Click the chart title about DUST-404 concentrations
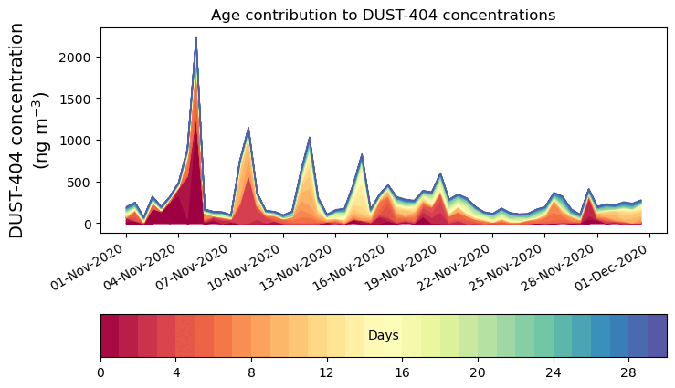pyautogui.click(x=383, y=15)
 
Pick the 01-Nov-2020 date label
pyautogui.click(x=90, y=267)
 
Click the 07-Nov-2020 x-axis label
pyautogui.click(x=195, y=267)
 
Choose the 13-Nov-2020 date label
pyautogui.click(x=300, y=267)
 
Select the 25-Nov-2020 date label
pyautogui.click(x=509, y=267)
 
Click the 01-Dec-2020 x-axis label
pyautogui.click(x=614, y=267)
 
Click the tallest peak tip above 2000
pyautogui.click(x=195, y=37)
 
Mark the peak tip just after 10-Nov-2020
pyautogui.click(x=248, y=129)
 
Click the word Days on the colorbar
pyautogui.click(x=383, y=336)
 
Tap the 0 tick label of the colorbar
pyautogui.click(x=100, y=372)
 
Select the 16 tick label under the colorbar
pyautogui.click(x=402, y=372)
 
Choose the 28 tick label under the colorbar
pyautogui.click(x=628, y=372)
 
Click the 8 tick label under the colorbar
pyautogui.click(x=251, y=372)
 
